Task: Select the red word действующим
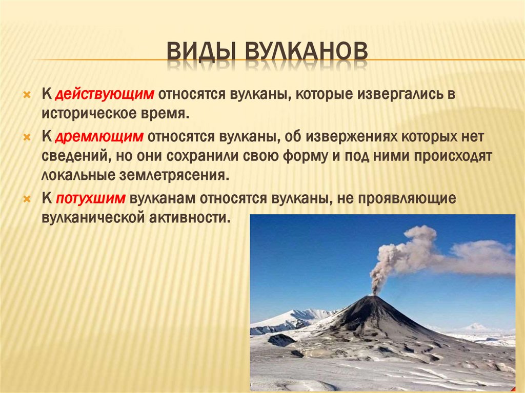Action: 105,95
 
